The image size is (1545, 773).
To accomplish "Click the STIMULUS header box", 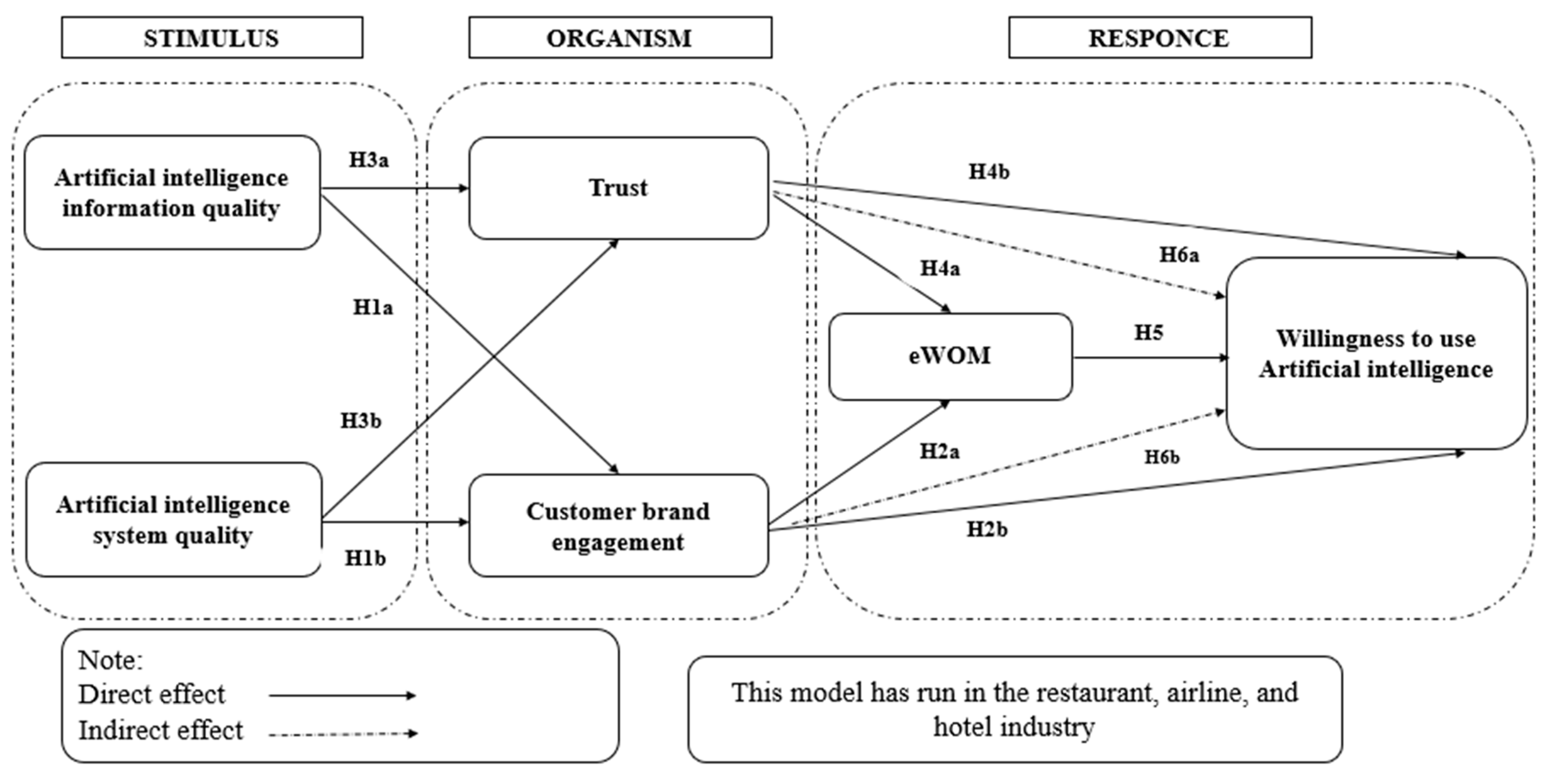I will click(x=212, y=38).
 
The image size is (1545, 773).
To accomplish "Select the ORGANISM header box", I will click(x=619, y=38).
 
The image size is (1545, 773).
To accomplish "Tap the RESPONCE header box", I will click(x=1159, y=38).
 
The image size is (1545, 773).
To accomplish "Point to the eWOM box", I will click(x=950, y=356).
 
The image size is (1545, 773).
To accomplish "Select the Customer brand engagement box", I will click(x=618, y=526).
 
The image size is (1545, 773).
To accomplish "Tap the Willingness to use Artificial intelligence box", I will click(x=1376, y=354).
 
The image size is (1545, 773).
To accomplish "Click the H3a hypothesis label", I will click(x=369, y=160).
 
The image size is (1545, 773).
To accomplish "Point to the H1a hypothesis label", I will click(x=372, y=307).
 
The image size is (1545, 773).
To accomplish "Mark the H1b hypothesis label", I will click(x=365, y=558).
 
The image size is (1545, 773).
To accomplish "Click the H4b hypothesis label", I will click(x=989, y=172).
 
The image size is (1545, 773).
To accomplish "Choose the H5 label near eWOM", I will click(x=1148, y=332).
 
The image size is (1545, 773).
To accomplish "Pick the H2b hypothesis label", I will click(x=987, y=530).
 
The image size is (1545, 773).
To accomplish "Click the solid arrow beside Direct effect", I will click(x=342, y=696).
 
